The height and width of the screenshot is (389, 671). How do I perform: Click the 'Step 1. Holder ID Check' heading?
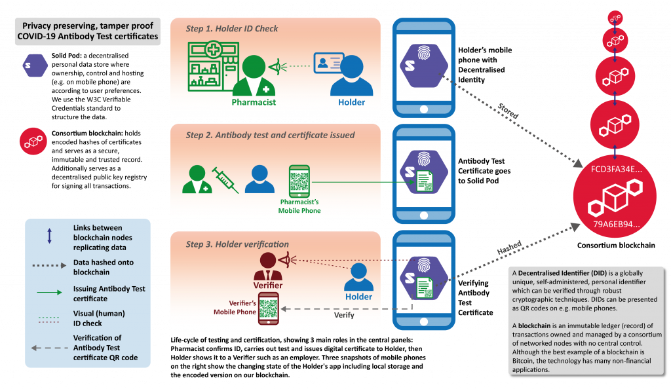point(232,29)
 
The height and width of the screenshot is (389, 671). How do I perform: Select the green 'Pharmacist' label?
point(254,102)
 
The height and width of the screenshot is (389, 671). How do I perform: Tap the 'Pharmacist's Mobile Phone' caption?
point(299,206)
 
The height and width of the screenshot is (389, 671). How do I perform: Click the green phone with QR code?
point(299,181)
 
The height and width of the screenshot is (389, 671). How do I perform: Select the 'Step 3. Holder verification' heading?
point(237,244)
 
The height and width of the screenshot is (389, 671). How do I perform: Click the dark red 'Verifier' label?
point(268,286)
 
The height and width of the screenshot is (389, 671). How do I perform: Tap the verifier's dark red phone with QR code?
point(269,310)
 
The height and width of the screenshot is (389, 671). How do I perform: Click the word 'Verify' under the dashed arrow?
point(344,315)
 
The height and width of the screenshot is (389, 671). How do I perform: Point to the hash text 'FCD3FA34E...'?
point(615,169)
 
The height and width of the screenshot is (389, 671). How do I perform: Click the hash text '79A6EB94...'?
point(617,224)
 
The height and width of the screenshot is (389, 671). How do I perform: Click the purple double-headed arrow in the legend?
point(50,235)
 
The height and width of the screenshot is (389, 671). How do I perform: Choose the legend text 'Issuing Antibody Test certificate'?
point(109,293)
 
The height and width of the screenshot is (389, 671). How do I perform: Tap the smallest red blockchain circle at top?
point(615,17)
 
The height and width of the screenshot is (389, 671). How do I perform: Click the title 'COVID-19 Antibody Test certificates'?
point(88,37)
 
